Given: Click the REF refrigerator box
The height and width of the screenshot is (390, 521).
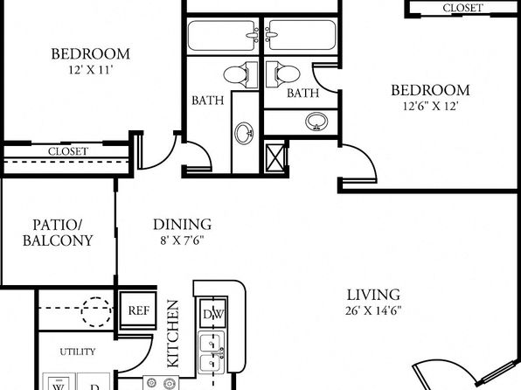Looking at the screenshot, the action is click(138, 310).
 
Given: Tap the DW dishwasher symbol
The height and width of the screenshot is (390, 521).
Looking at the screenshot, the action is click(213, 313).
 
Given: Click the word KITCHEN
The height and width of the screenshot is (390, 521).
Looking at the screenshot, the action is click(173, 333).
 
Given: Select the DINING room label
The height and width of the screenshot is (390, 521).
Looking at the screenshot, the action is click(182, 225).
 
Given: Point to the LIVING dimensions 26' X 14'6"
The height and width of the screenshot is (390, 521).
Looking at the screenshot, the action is click(373, 310).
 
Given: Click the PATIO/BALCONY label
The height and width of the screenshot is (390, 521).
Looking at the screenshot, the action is click(58, 233).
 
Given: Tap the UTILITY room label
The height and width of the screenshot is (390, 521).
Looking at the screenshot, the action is click(78, 352).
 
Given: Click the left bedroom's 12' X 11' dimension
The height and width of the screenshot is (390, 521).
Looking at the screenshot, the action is click(91, 70).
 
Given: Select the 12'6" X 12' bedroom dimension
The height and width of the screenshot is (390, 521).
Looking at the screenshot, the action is click(431, 106).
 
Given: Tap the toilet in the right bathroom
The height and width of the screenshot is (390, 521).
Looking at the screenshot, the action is click(283, 74).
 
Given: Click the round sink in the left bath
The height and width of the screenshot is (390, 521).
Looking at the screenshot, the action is click(244, 133).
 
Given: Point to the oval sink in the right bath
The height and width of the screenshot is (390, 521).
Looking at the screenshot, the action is click(316, 122).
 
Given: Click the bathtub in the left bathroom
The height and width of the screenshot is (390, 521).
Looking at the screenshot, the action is click(223, 35).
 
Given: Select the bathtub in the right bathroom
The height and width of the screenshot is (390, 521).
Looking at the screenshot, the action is click(301, 35).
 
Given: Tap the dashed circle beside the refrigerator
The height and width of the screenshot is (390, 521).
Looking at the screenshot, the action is click(96, 311).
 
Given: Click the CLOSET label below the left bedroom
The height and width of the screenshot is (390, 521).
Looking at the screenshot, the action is click(68, 151).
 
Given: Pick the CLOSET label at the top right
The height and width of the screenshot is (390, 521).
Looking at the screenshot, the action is click(462, 8).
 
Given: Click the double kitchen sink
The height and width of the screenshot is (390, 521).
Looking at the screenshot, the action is click(212, 352).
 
